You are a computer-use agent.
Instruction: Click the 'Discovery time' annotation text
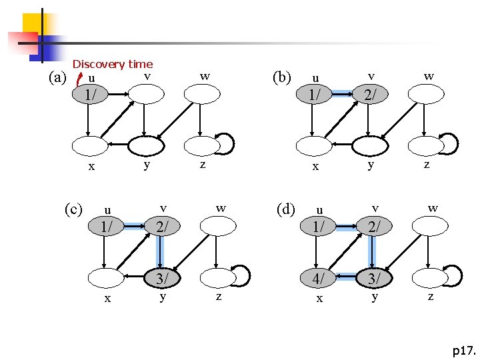coord(113,64)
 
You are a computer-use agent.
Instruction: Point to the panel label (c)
coord(73,209)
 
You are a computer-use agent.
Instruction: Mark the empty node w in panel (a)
coord(202,94)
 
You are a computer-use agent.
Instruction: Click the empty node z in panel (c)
coord(217,277)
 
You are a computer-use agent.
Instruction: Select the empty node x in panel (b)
coord(313,144)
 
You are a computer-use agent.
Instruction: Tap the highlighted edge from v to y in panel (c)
coord(160,251)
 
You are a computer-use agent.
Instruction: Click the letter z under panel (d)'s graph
coord(431,297)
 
